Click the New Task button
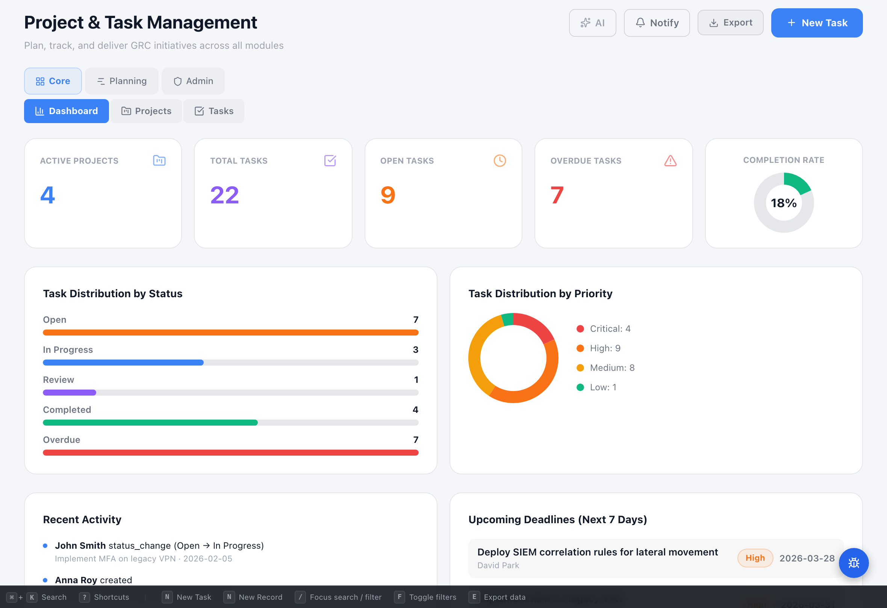click(x=816, y=23)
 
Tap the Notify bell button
click(x=657, y=23)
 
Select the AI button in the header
click(x=592, y=23)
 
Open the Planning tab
click(x=121, y=81)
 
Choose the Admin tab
click(x=193, y=81)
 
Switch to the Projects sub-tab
click(x=146, y=111)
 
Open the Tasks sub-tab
click(x=214, y=111)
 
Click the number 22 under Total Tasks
click(x=224, y=195)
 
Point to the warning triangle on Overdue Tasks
click(x=670, y=161)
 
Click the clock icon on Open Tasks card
click(x=500, y=161)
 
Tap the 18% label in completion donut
click(x=784, y=203)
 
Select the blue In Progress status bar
click(x=123, y=363)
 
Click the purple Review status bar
click(x=70, y=393)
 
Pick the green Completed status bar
click(x=150, y=423)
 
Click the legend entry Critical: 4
click(x=610, y=329)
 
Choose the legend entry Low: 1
click(x=602, y=387)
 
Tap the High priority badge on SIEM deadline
click(x=755, y=558)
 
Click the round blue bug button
click(x=854, y=563)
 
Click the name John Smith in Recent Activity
click(x=80, y=545)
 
